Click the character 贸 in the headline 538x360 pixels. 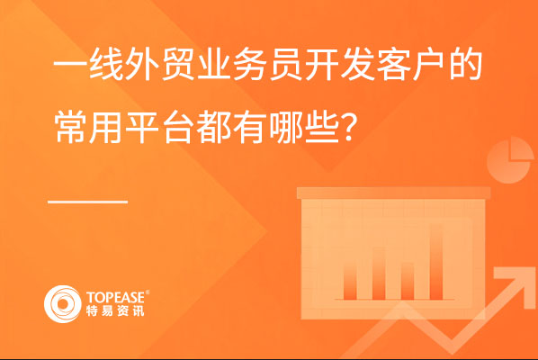[x=179, y=65]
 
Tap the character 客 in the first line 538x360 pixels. [x=393, y=65]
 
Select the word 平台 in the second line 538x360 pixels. [x=160, y=128]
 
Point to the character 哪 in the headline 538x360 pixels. [x=286, y=128]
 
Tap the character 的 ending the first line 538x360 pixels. [x=465, y=65]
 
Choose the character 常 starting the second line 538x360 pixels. [x=71, y=128]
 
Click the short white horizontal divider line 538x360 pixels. [x=87, y=202]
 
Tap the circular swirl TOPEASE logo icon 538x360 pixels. [x=62, y=304]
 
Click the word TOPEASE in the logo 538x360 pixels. [x=116, y=297]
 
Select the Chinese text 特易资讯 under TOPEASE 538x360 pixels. [x=115, y=310]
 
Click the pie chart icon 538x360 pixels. [x=510, y=160]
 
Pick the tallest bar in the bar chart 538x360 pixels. [x=435, y=262]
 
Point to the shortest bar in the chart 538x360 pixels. [x=408, y=281]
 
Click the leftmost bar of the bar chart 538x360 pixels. [x=350, y=278]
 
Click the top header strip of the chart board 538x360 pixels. [x=393, y=193]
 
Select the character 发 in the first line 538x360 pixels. [x=357, y=65]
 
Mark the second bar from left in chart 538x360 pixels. [x=379, y=273]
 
